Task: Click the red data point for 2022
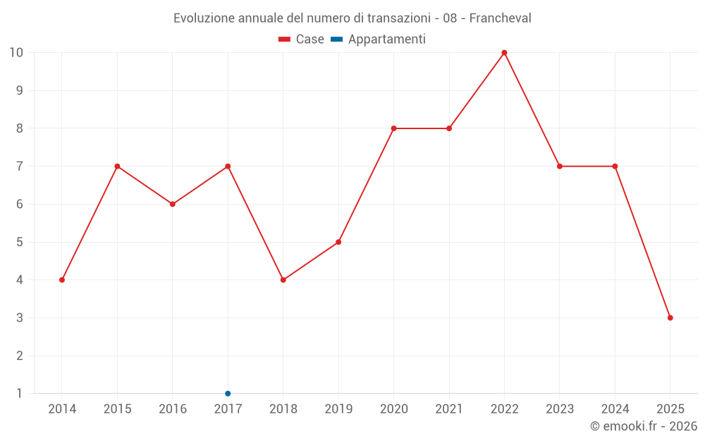click(504, 53)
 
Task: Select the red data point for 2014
click(62, 280)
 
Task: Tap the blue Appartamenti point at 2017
click(228, 394)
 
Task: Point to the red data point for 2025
click(670, 318)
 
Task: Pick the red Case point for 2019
click(338, 242)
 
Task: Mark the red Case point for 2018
click(283, 280)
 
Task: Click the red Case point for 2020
click(393, 128)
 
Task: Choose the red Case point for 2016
click(173, 204)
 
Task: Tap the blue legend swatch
click(336, 40)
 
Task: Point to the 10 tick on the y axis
click(16, 53)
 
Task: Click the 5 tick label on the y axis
click(19, 242)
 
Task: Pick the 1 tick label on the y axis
click(19, 394)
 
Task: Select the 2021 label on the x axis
click(449, 409)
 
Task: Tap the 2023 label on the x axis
click(560, 409)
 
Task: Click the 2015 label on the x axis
click(117, 409)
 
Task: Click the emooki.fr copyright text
click(644, 426)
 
